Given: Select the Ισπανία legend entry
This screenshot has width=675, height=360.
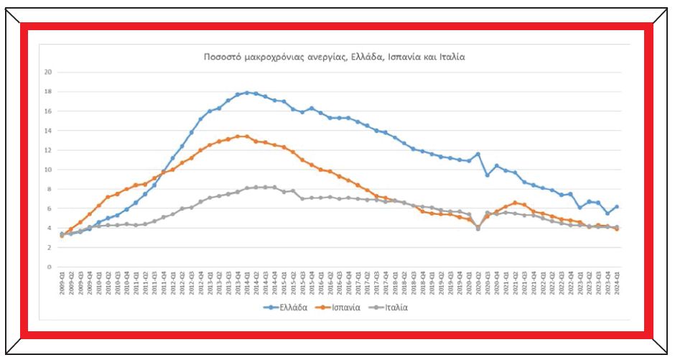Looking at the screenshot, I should pos(345,308).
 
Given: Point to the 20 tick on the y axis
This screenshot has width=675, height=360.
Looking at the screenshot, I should pos(47,72).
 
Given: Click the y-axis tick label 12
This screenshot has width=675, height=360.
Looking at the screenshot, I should pos(47,150).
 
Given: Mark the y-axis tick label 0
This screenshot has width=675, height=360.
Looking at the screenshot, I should pos(50,267).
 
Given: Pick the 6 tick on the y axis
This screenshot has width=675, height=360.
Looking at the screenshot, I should pos(50,208).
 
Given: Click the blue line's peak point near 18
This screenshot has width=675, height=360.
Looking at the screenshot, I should pos(247,92).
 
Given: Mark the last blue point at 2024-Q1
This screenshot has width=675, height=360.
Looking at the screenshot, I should pos(616,207).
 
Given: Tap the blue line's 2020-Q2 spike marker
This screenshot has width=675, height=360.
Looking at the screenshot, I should pos(478,154).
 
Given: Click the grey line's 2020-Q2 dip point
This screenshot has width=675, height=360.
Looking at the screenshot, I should pos(478,229).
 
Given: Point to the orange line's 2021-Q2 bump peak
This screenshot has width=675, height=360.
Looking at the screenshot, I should pos(514,203).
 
